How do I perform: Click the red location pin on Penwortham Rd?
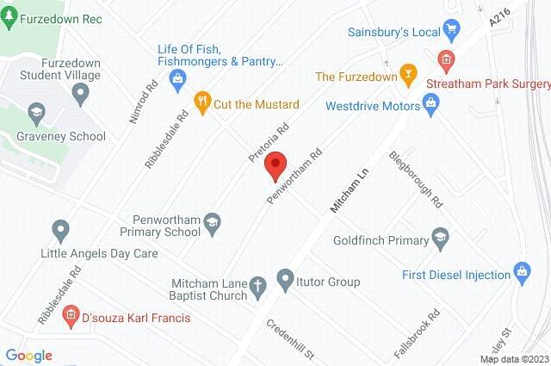(275, 165)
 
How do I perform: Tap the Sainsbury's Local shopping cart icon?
(452, 32)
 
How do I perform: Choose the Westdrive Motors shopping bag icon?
(433, 106)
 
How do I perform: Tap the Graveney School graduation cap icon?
(36, 112)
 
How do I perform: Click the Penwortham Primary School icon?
(211, 226)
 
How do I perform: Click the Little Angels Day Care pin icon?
(60, 230)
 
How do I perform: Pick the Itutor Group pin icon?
(286, 279)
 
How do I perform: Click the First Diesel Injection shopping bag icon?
(521, 273)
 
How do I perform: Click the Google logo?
(28, 355)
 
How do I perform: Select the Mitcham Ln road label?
(350, 190)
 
